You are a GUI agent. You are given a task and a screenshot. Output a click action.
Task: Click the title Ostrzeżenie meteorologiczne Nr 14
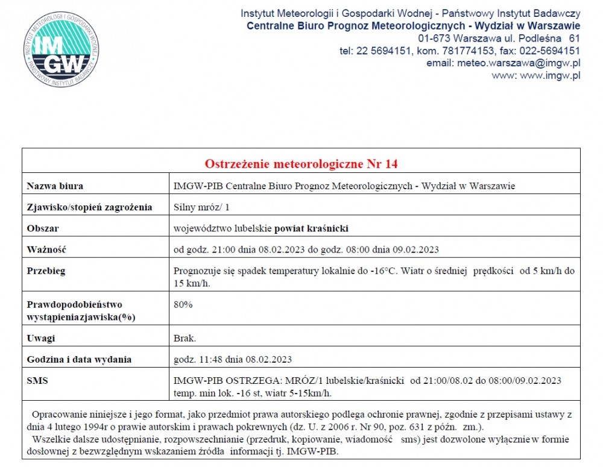tap(301, 164)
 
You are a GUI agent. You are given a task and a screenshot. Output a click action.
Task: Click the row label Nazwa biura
tap(55, 186)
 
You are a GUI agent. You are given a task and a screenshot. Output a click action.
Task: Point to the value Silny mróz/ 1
tap(202, 207)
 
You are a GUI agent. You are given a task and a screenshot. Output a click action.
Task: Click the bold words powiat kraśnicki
tap(312, 228)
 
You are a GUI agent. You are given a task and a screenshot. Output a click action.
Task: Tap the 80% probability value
tap(183, 304)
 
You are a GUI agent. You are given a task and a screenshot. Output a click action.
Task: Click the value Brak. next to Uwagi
tap(185, 338)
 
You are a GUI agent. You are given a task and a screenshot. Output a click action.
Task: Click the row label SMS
tap(37, 381)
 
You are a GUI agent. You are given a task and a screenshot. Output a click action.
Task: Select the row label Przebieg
tap(46, 271)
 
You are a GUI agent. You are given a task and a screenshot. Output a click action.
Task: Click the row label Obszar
tap(43, 228)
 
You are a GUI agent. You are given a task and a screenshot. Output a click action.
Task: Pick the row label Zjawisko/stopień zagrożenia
tap(90, 207)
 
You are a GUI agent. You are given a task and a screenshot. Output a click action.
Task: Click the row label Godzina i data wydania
tap(80, 360)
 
